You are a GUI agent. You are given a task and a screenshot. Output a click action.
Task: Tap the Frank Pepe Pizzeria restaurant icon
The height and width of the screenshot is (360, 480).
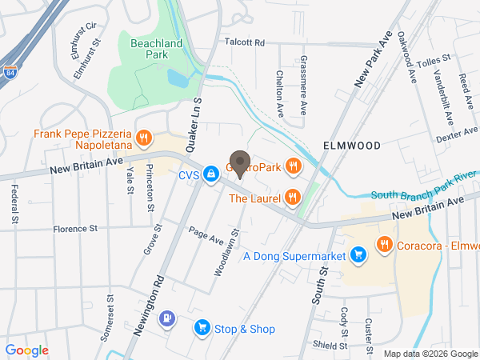pyautogui.click(x=144, y=138)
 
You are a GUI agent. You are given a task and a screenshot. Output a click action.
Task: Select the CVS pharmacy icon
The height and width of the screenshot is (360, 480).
pyautogui.click(x=210, y=174)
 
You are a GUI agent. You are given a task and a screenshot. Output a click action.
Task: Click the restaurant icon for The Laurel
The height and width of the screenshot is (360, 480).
pyautogui.click(x=293, y=198)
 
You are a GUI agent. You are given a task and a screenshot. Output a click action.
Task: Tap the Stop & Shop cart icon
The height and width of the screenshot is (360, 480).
pyautogui.click(x=202, y=328)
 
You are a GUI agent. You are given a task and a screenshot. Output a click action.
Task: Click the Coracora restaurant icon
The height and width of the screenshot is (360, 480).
pyautogui.click(x=385, y=245)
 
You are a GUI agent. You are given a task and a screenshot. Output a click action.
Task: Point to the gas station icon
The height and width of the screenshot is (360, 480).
pyautogui.click(x=166, y=318)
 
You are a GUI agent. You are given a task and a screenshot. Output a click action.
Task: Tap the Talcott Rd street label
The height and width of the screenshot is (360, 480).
pyautogui.click(x=244, y=42)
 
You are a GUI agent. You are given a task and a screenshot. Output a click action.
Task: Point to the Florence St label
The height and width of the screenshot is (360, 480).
pyautogui.click(x=75, y=228)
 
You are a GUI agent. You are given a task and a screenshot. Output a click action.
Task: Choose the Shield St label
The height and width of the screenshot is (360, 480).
pyautogui.click(x=330, y=345)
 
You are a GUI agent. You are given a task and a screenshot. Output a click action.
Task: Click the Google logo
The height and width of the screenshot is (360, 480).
pyautogui.click(x=26, y=350)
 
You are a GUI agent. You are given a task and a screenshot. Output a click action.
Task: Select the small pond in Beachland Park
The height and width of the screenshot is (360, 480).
pyautogui.click(x=177, y=78)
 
